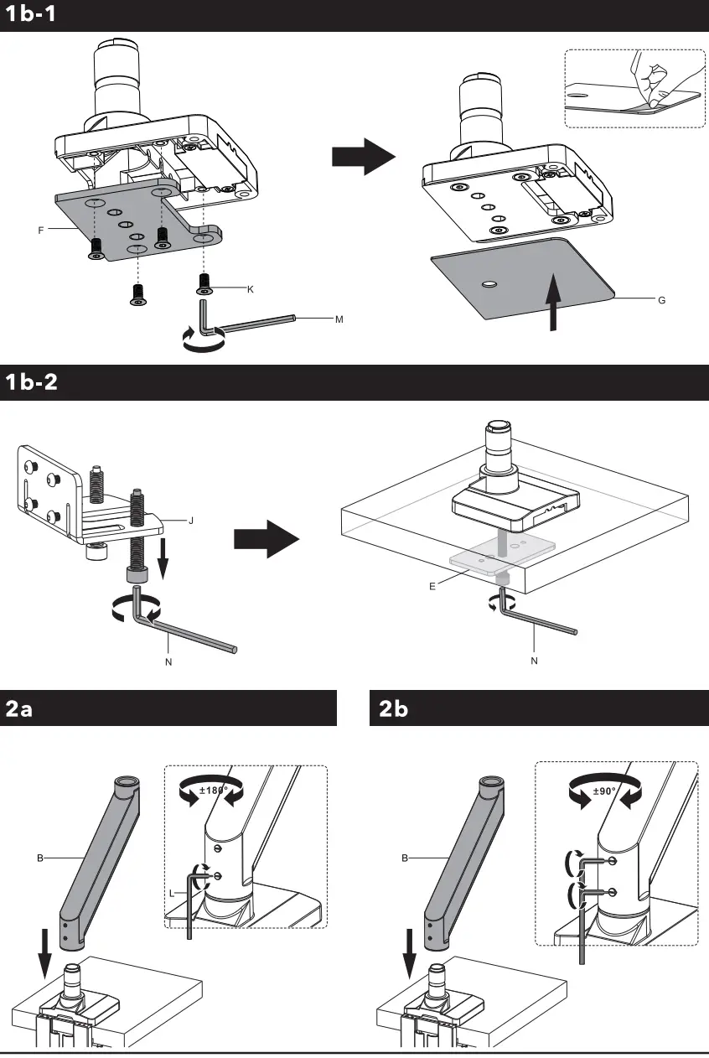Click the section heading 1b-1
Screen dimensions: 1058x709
(31, 14)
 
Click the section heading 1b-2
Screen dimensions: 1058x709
(32, 382)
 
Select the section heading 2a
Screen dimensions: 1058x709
(19, 708)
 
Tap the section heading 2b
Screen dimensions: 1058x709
(393, 708)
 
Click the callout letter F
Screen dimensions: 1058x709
(40, 230)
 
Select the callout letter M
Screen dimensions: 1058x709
(339, 319)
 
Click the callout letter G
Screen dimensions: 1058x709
(661, 299)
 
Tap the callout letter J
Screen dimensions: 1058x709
(191, 520)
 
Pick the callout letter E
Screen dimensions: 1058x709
(432, 586)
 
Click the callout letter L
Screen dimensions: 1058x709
(173, 894)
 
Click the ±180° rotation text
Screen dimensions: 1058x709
(215, 790)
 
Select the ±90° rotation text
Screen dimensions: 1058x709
(605, 790)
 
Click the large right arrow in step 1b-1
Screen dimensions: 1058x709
(363, 156)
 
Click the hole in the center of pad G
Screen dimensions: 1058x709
(490, 284)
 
